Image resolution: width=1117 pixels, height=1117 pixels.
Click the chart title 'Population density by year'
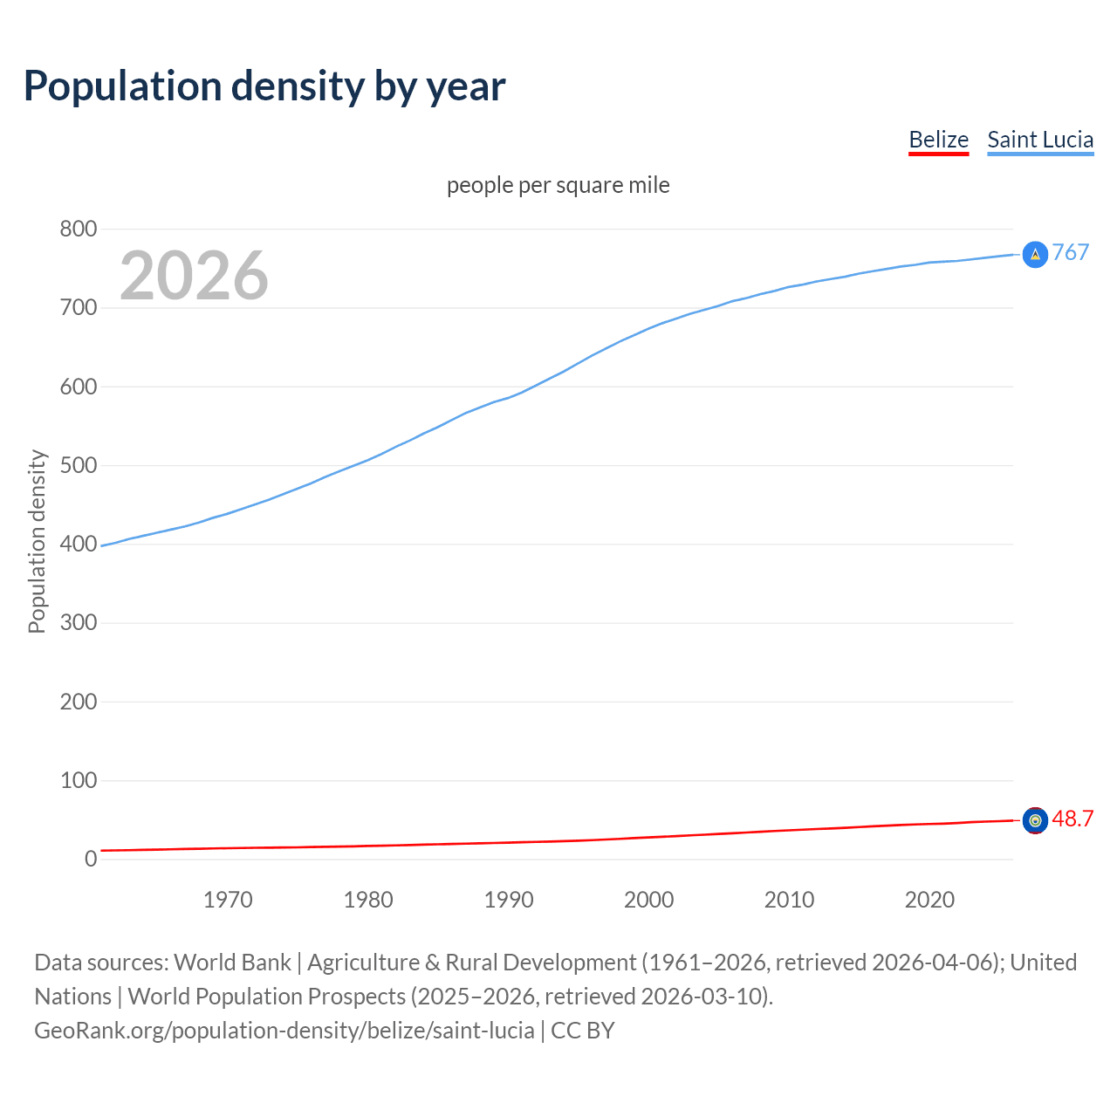[264, 86]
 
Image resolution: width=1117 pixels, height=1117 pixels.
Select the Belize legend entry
[938, 140]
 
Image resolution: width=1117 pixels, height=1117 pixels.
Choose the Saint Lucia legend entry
[1040, 140]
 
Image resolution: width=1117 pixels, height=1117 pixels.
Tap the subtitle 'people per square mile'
[558, 185]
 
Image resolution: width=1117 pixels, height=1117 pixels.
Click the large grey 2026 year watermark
[194, 276]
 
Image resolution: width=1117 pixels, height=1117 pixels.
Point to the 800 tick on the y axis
[78, 230]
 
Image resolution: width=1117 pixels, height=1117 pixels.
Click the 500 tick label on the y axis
[78, 465]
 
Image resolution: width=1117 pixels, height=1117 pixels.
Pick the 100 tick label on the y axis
[78, 780]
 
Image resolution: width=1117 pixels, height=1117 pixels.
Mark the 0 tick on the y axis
[91, 859]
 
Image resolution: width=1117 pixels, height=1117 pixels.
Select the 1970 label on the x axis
[228, 900]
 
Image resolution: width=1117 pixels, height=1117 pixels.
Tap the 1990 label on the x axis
[509, 900]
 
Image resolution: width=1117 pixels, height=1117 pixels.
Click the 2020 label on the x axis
[929, 900]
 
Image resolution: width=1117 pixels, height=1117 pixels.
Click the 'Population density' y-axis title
[37, 541]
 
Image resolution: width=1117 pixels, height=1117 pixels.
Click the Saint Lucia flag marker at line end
[1035, 254]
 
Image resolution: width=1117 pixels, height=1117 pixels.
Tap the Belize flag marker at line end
[1035, 820]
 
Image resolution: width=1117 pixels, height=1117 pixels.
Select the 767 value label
[1071, 252]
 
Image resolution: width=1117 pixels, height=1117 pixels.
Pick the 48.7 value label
[1072, 819]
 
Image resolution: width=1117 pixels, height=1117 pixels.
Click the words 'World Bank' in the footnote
[232, 963]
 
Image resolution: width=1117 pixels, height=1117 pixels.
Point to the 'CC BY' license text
[583, 1031]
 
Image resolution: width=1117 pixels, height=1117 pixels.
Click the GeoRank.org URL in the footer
[284, 1031]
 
